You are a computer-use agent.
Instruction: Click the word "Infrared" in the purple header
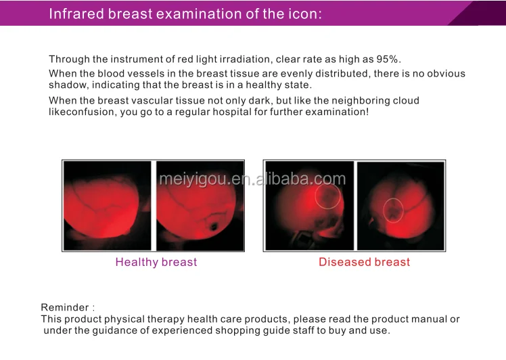pyautogui.click(x=77, y=14)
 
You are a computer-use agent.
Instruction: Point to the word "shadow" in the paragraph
pyautogui.click(x=68, y=85)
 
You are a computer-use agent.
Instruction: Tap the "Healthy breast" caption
pyautogui.click(x=156, y=262)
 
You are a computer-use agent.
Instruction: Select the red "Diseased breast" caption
pyautogui.click(x=364, y=262)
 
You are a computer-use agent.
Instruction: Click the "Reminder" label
pyautogui.click(x=65, y=307)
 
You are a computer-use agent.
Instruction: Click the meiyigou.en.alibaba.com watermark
pyautogui.click(x=252, y=179)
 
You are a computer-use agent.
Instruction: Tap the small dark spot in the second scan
pyautogui.click(x=213, y=227)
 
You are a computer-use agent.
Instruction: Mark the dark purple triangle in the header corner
pyautogui.click(x=478, y=13)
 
